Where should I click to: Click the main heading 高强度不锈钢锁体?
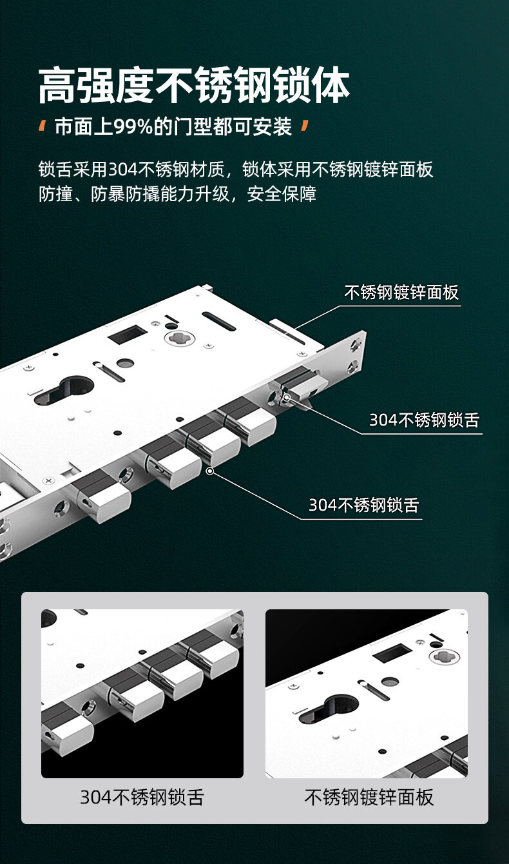point(194,85)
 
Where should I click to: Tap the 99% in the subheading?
point(133,126)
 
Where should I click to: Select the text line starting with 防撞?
point(177,193)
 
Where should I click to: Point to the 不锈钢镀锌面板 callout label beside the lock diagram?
point(401,292)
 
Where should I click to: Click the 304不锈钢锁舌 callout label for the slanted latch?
point(424,420)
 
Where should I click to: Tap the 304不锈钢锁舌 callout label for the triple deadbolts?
point(363,505)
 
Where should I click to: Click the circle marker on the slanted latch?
point(287,397)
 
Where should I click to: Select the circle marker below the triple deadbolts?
point(210,471)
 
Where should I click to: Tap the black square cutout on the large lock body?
point(127,334)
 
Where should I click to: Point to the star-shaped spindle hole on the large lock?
point(179,339)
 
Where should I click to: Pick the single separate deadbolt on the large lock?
point(102,496)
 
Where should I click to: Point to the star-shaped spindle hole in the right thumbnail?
point(444,656)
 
